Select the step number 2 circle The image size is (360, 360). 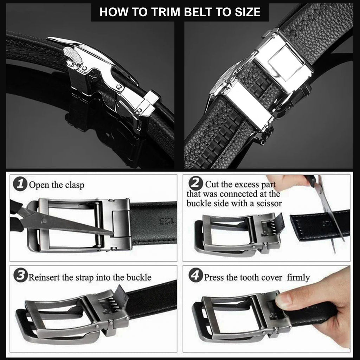point(195,184)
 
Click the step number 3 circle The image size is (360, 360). point(20,277)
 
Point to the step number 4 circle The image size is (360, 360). point(196,276)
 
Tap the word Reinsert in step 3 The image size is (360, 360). point(44,277)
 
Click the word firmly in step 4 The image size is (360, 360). point(298,277)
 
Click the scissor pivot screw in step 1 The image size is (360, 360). point(44,221)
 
